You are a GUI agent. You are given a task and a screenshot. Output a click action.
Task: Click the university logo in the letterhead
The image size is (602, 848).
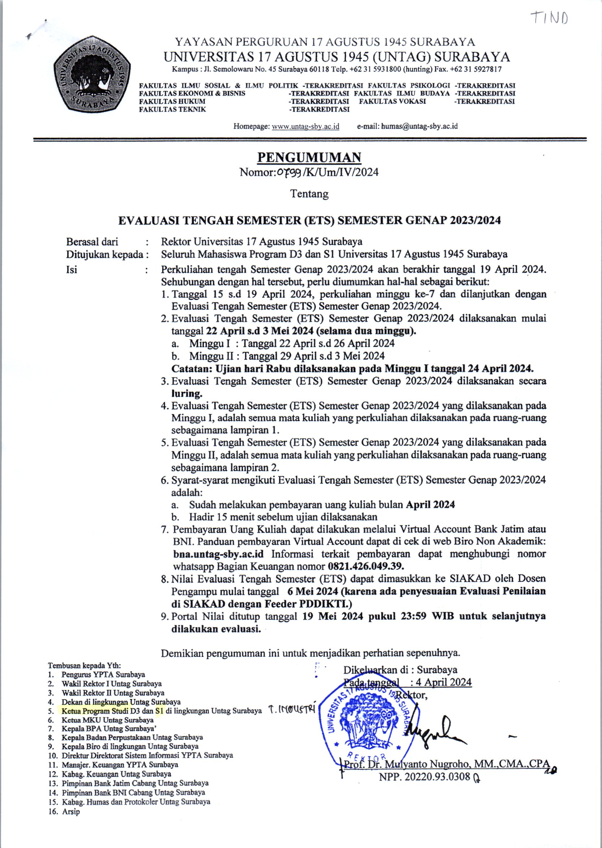pos(92,74)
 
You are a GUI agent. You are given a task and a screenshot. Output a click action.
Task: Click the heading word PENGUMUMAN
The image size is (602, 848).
pos(309,158)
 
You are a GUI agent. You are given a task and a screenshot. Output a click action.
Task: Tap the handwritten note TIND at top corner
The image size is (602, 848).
pos(549,17)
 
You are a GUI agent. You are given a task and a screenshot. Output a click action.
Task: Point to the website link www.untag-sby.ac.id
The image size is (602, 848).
pos(306,126)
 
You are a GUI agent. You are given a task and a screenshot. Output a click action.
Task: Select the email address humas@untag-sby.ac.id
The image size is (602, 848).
pos(419,126)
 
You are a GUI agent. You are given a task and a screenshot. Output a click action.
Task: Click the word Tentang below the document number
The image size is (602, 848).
pos(309,194)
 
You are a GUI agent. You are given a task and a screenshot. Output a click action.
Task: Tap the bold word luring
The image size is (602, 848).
pos(186,393)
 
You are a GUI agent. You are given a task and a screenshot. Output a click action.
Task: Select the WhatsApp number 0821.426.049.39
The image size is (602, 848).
pos(366,566)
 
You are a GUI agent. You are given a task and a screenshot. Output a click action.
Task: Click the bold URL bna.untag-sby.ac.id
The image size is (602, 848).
pos(218,554)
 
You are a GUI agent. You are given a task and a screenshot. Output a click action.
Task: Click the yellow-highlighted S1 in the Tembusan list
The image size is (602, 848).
pos(159,711)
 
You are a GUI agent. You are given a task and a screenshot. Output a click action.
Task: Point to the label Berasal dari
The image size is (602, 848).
pos(92,242)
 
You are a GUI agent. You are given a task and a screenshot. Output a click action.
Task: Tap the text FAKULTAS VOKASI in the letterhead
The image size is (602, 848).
pos(392,101)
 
